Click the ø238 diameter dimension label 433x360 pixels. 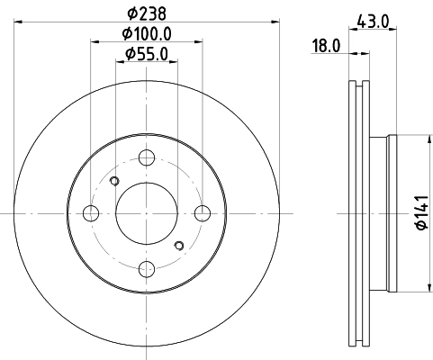147,14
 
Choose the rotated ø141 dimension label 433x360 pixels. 419,213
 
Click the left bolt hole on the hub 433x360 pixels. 91,213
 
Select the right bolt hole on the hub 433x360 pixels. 203,213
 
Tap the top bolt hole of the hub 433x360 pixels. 147,158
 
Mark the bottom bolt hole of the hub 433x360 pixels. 147,268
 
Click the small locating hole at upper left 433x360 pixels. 113,182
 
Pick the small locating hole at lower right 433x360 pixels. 180,245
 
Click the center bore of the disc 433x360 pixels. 147,213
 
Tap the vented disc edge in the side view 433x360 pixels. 357,213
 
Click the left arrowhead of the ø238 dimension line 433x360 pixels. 20,25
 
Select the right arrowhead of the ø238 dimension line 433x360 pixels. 275,25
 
